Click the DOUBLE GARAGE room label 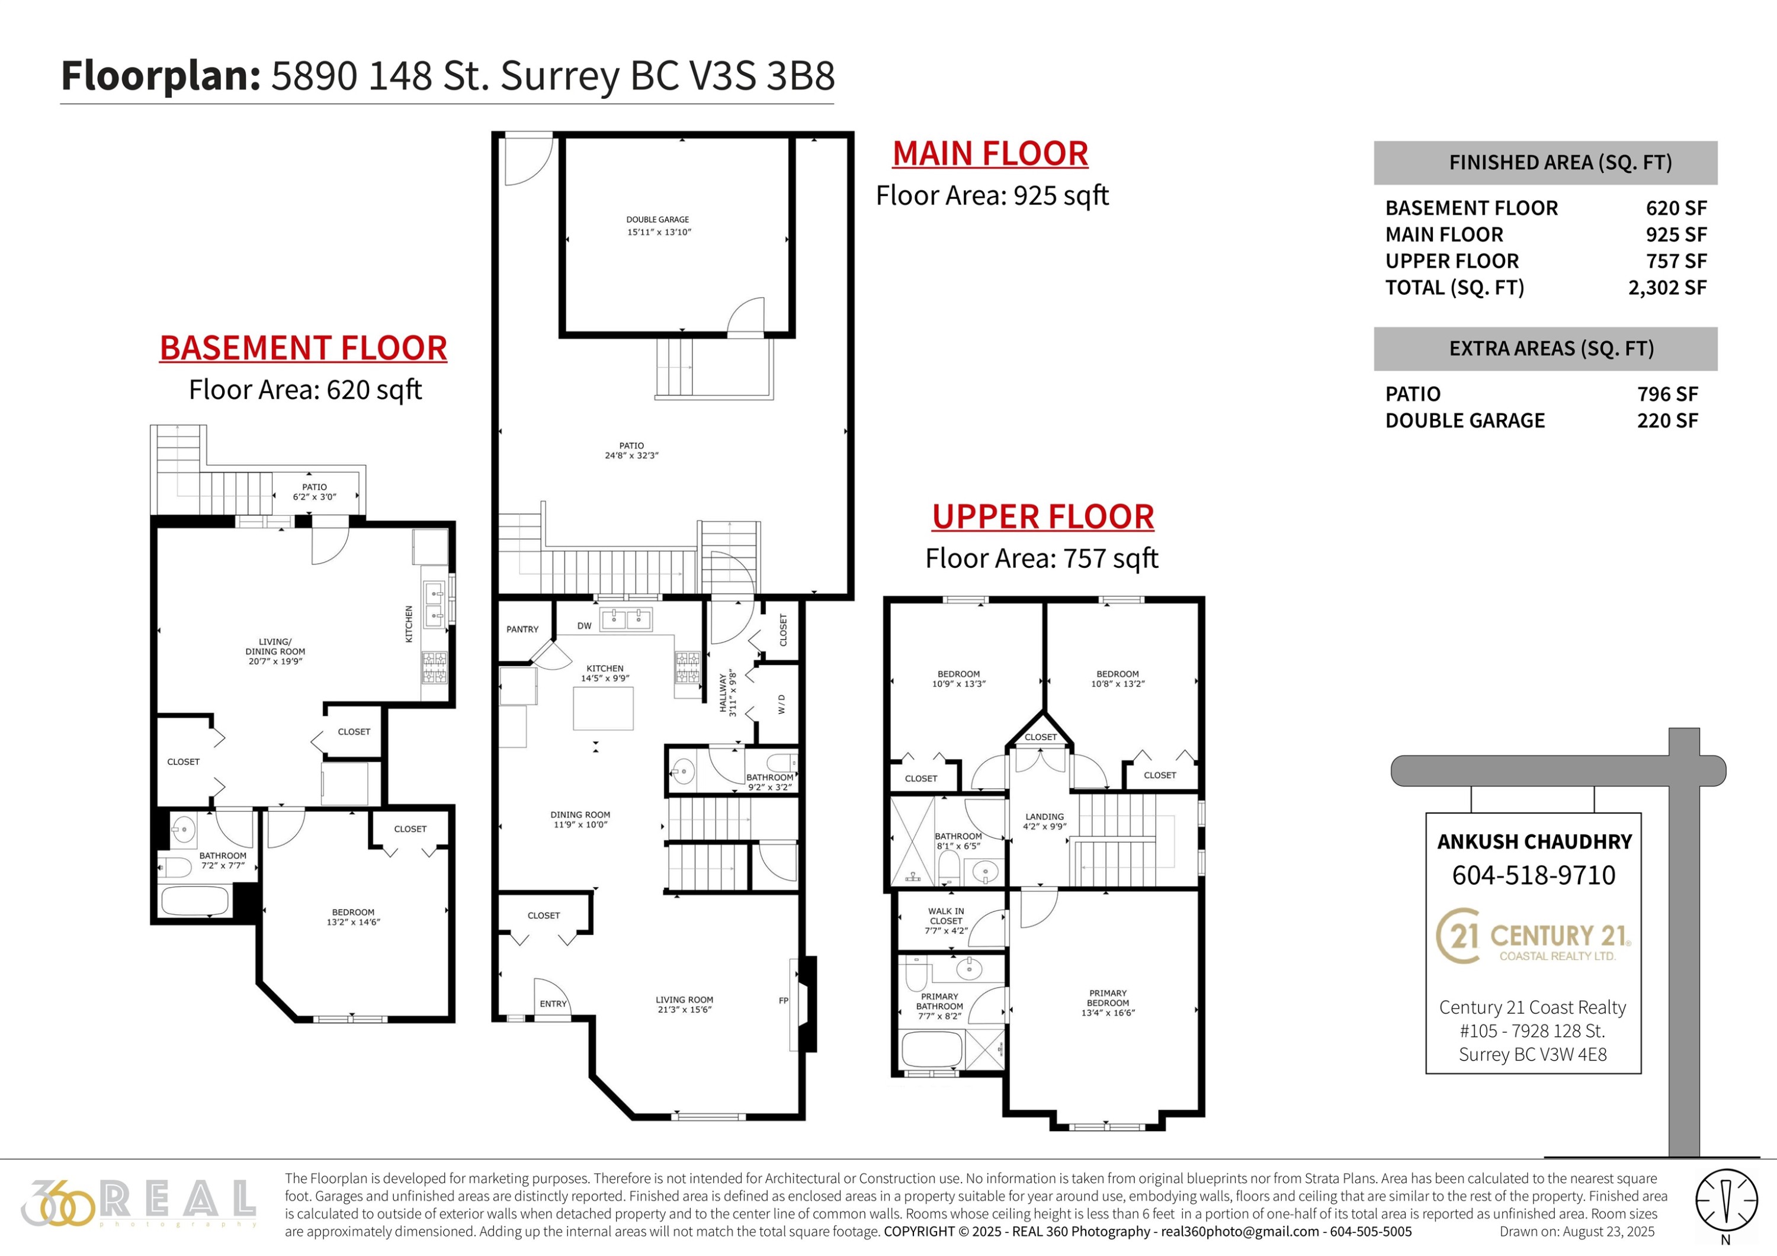click(x=658, y=220)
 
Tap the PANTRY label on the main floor click(x=522, y=629)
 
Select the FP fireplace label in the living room click(x=783, y=1001)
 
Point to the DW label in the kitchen click(x=584, y=626)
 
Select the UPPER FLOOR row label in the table click(x=1452, y=261)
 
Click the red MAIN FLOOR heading click(x=990, y=153)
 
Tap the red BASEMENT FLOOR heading click(x=303, y=348)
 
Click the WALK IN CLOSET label click(x=946, y=921)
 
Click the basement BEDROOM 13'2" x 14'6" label click(x=353, y=917)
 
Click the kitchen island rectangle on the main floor click(x=603, y=708)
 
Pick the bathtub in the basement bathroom click(x=194, y=901)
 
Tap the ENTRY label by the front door click(x=553, y=1004)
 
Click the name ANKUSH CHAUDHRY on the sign click(x=1534, y=842)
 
